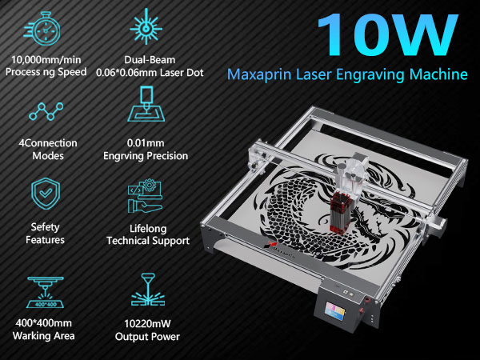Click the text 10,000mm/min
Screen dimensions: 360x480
point(46,60)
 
